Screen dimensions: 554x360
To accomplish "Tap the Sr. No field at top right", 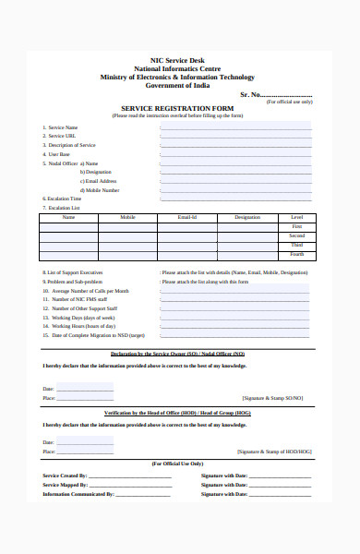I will point(286,94).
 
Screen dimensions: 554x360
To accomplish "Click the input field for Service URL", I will point(235,137).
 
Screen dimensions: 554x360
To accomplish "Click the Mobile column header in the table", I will point(127,217).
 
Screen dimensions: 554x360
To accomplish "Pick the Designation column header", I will point(247,217).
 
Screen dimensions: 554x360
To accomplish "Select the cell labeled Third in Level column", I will point(296,245).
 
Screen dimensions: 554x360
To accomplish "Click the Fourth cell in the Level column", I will point(296,254).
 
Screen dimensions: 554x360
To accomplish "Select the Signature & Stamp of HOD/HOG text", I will point(274,452).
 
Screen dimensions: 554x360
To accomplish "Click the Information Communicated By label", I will point(78,494).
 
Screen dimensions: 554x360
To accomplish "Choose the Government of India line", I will point(177,85).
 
